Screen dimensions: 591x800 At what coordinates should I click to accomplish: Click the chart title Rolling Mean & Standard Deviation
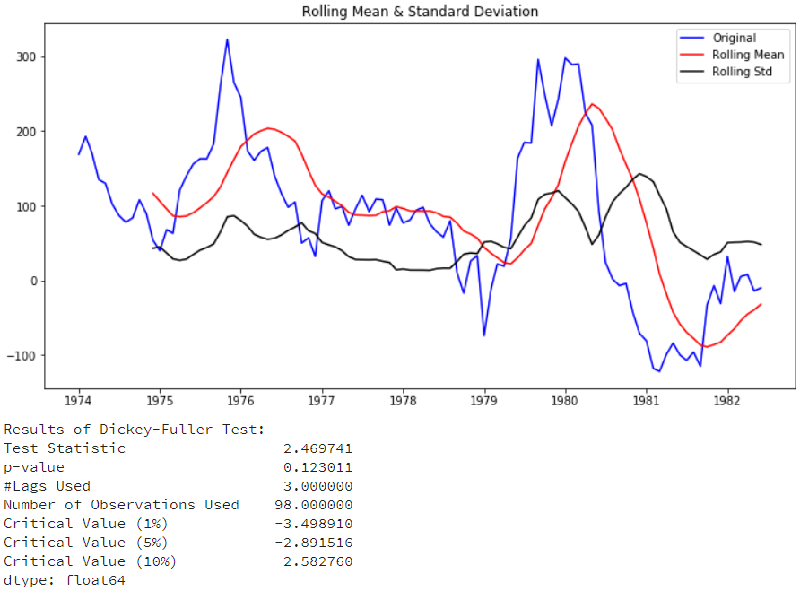(420, 12)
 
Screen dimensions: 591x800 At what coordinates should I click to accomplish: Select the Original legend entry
(734, 38)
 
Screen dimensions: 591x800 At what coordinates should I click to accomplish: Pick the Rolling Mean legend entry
(748, 55)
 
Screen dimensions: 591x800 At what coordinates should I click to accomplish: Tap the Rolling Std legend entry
(743, 72)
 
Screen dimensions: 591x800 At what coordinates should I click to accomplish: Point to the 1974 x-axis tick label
(79, 401)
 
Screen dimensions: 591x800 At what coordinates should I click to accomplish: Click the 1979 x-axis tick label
(484, 401)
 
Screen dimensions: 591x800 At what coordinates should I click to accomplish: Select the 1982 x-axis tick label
(727, 401)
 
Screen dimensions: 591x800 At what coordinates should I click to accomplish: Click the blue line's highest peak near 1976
(227, 39)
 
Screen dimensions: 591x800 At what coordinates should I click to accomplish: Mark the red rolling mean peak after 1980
(592, 104)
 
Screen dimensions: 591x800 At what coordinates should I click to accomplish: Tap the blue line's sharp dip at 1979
(484, 335)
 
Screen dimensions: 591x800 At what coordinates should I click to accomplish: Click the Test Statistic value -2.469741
(313, 448)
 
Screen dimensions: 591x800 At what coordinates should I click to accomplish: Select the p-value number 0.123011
(317, 467)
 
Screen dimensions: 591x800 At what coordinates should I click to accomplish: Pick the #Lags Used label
(47, 486)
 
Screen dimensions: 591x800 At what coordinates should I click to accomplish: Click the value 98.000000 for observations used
(313, 505)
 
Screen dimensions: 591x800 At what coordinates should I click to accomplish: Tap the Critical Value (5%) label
(90, 543)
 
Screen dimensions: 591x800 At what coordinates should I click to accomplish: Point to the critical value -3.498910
(313, 524)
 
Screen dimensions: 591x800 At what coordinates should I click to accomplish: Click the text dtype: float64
(65, 580)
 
